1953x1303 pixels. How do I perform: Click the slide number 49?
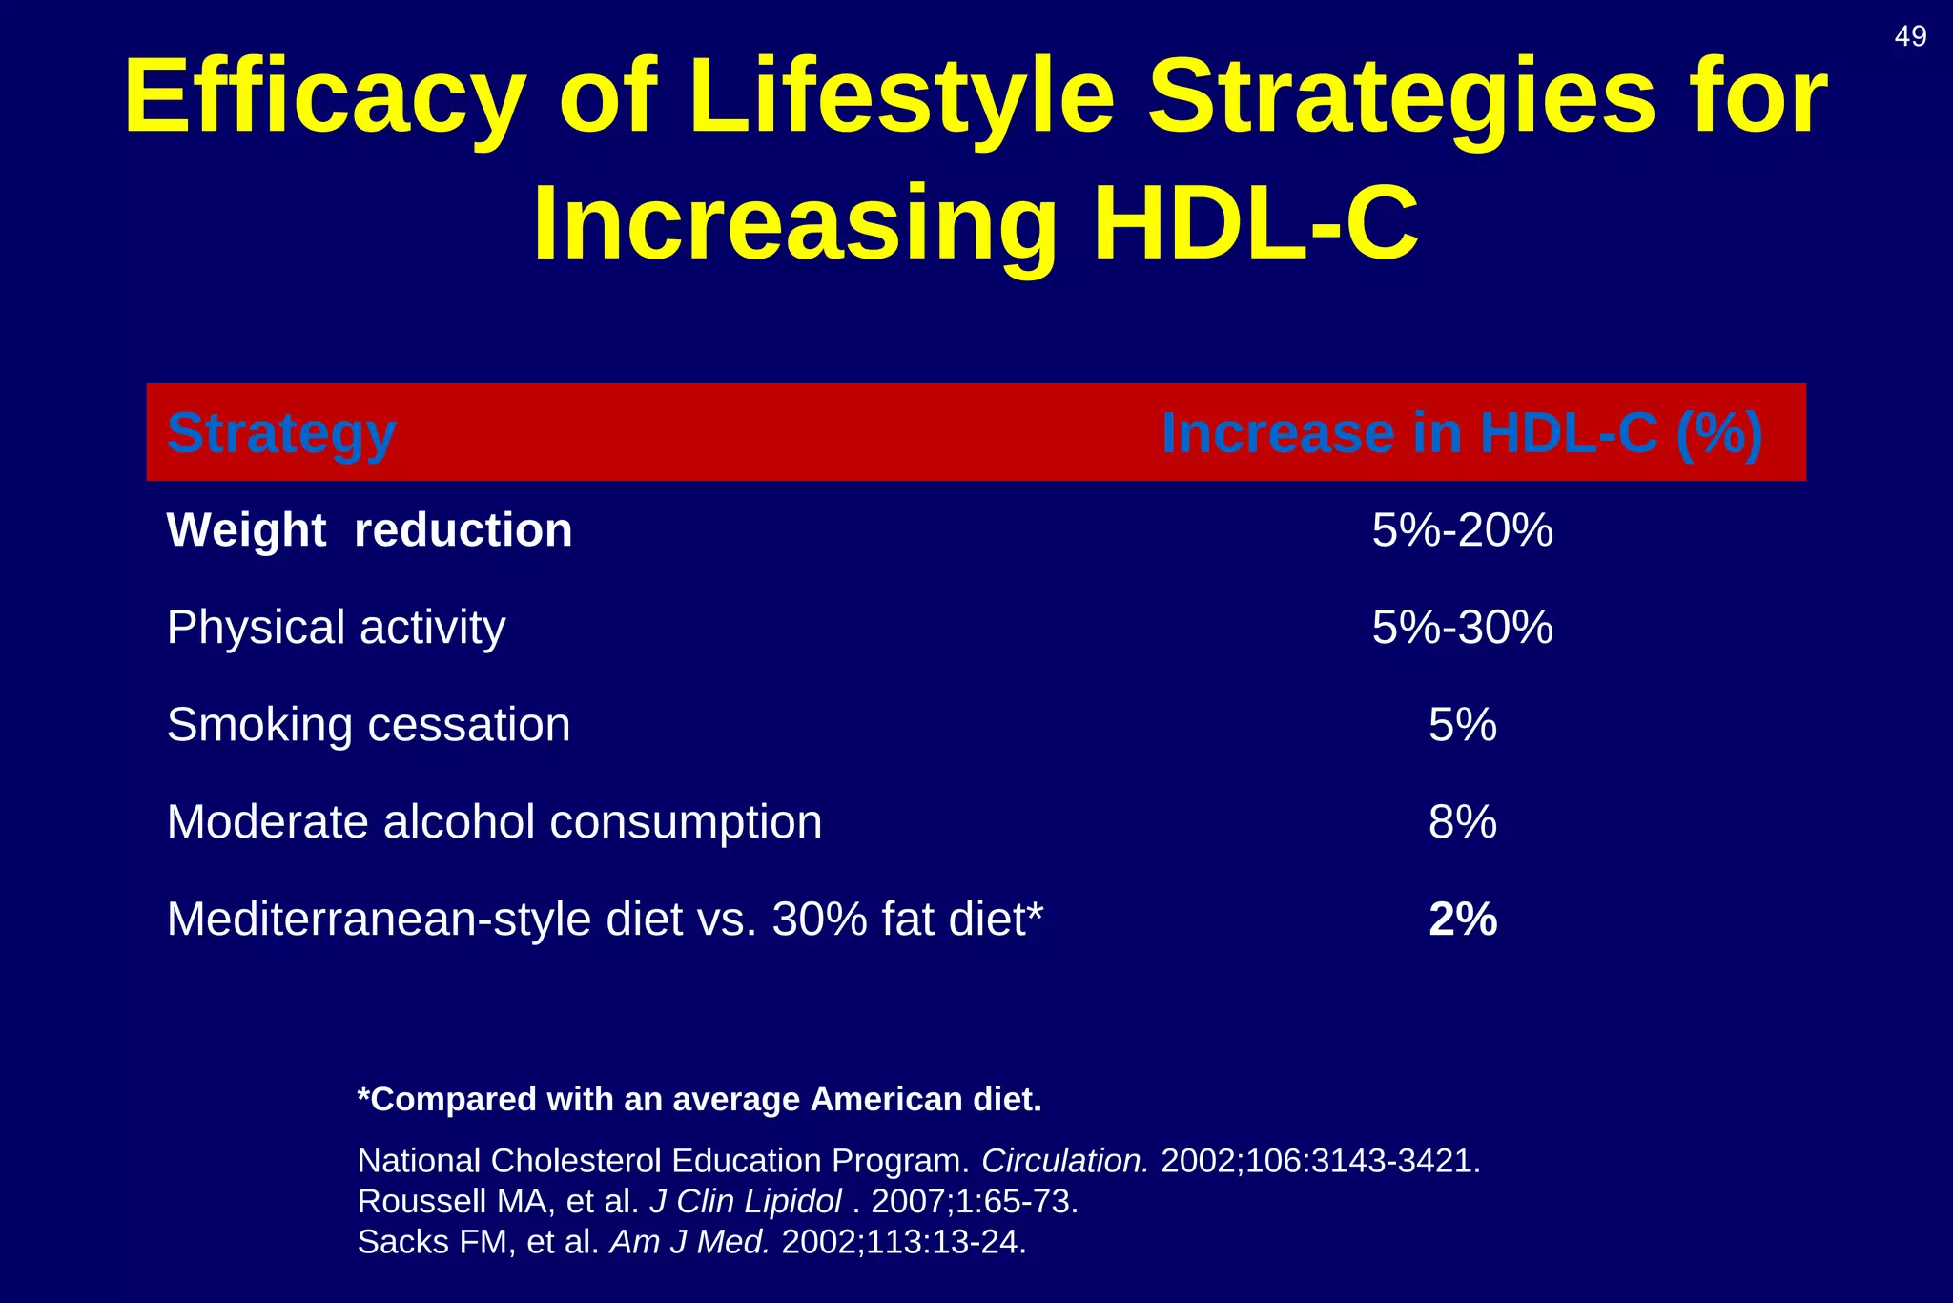[x=1910, y=36]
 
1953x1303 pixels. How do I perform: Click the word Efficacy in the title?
[x=325, y=97]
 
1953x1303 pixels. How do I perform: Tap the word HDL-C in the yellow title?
[x=1256, y=224]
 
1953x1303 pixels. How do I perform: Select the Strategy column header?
[x=281, y=433]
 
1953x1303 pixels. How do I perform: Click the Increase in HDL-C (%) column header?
[x=1462, y=433]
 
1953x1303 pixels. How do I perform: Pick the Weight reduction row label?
[x=369, y=530]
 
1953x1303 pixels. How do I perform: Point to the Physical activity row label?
[x=336, y=628]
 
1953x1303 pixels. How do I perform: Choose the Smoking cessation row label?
[x=368, y=725]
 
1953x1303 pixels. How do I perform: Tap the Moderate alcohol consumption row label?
[x=494, y=822]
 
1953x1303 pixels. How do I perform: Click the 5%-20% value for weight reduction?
[x=1462, y=530]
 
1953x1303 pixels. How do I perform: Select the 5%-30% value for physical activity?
[x=1462, y=628]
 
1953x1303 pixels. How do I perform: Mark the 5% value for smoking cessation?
[x=1462, y=725]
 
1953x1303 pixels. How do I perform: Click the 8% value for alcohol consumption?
[x=1462, y=822]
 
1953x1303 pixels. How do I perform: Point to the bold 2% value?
[x=1463, y=920]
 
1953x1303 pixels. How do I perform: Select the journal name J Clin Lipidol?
[x=746, y=1201]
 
